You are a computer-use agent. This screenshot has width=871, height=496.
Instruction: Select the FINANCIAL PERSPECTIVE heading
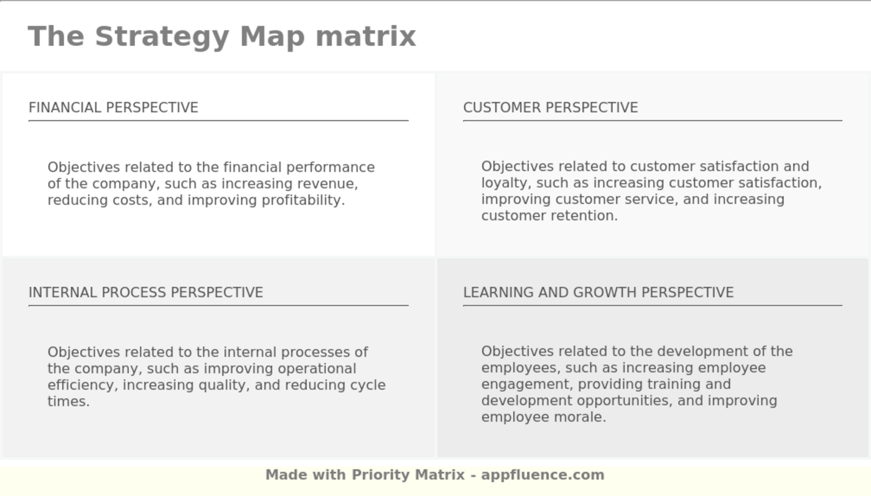pyautogui.click(x=113, y=108)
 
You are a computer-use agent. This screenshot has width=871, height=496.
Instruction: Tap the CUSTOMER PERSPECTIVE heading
pyautogui.click(x=551, y=108)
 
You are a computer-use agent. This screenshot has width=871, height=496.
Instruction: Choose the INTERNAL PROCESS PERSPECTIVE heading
pyautogui.click(x=146, y=292)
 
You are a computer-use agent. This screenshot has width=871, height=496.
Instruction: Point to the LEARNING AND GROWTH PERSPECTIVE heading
pyautogui.click(x=599, y=292)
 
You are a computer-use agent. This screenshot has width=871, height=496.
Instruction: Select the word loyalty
pyautogui.click(x=504, y=183)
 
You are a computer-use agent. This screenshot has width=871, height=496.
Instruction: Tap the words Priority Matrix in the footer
pyautogui.click(x=408, y=475)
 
